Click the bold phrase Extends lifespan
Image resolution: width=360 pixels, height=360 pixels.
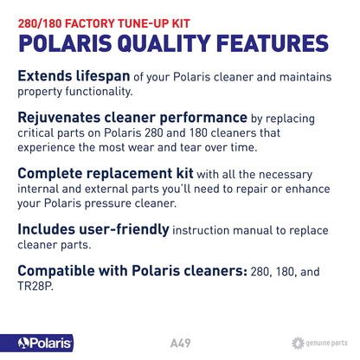point(75,75)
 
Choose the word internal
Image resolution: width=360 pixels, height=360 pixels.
point(39,193)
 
